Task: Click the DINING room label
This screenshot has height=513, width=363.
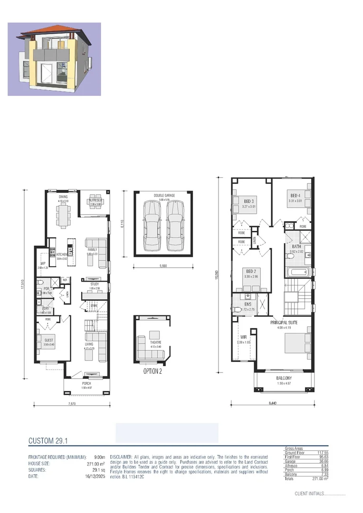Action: point(63,196)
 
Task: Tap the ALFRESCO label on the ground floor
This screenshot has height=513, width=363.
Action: point(96,200)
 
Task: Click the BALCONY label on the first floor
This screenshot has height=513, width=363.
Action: point(284,378)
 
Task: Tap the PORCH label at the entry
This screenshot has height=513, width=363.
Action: point(86,383)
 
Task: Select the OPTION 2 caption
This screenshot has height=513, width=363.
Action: point(153,371)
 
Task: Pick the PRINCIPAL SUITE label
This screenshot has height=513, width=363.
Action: point(284,323)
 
